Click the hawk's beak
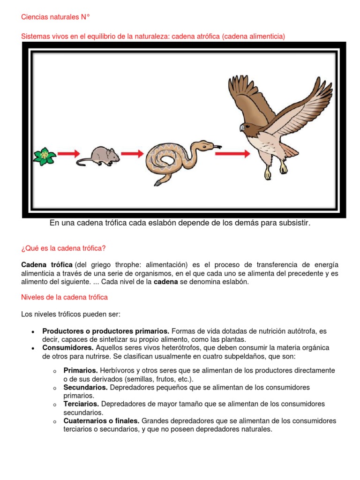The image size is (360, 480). (x=242, y=127)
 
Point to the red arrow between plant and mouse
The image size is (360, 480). (x=69, y=153)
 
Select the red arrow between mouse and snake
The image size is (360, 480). (x=133, y=153)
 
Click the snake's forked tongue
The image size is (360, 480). (x=217, y=147)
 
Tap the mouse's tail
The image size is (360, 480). (x=84, y=162)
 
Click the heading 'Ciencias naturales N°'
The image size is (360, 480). (x=55, y=17)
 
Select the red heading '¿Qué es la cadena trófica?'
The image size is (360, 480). (x=67, y=248)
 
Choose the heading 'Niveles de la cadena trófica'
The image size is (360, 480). (x=65, y=297)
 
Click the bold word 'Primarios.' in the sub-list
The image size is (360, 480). (x=81, y=370)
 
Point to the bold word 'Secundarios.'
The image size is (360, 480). (x=86, y=387)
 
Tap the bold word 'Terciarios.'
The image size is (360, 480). (x=81, y=404)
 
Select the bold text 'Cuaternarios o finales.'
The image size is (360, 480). (x=101, y=421)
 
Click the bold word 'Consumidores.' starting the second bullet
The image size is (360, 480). (x=68, y=348)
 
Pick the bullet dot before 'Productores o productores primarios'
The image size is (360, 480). (x=32, y=331)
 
